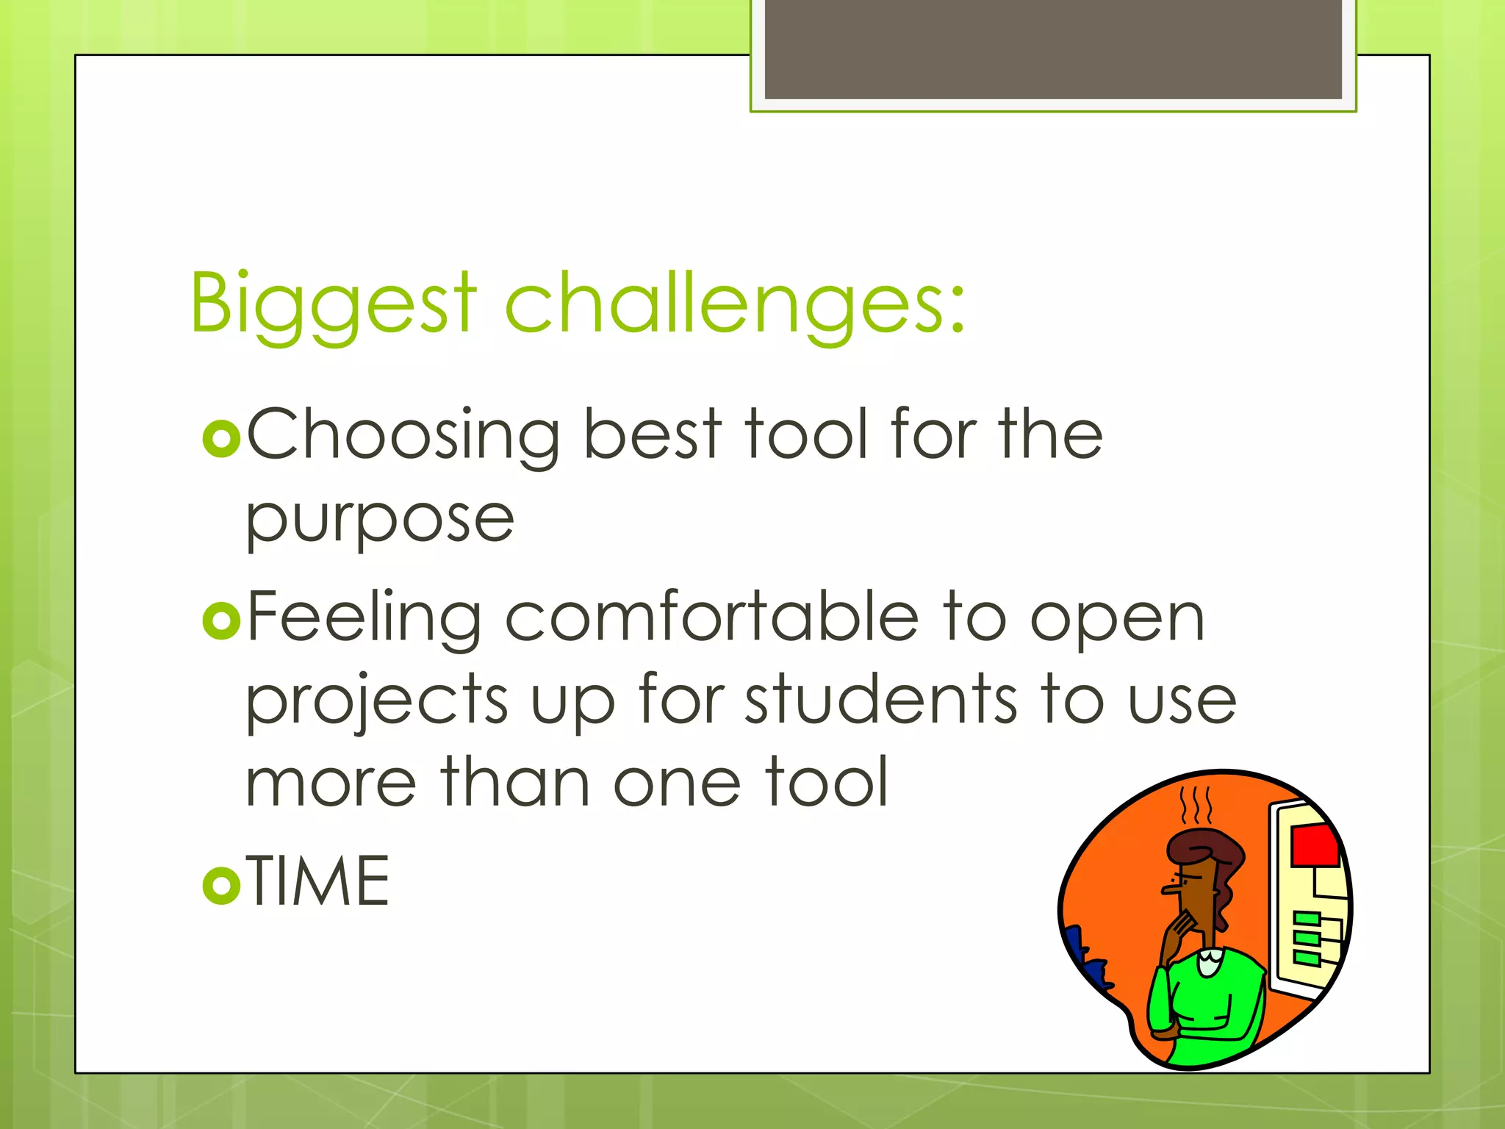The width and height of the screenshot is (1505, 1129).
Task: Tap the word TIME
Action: pos(317,882)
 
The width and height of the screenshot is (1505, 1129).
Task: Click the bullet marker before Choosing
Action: pos(221,439)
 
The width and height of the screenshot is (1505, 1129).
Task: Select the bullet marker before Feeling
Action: pos(221,620)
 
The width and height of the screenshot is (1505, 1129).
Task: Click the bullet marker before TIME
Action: pos(221,885)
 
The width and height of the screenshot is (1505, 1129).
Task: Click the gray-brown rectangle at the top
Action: pos(1053,49)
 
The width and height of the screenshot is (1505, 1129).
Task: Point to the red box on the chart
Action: pos(1315,845)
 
